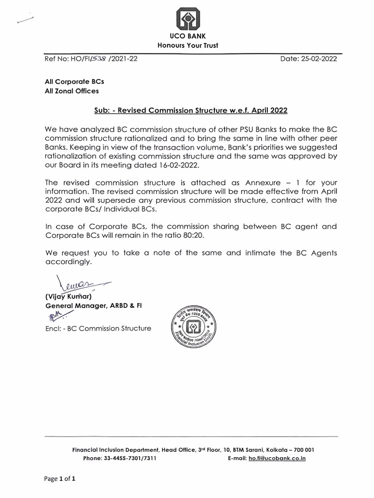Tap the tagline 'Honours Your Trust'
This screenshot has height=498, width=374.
tap(187, 45)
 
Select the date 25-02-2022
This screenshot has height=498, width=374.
tap(319, 59)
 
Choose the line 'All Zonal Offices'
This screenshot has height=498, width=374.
tap(72, 91)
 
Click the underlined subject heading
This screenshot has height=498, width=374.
tap(191, 110)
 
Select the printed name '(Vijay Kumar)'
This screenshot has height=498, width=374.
tap(68, 296)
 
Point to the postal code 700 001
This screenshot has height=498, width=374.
tap(300, 450)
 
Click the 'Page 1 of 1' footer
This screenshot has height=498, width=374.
tap(60, 479)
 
